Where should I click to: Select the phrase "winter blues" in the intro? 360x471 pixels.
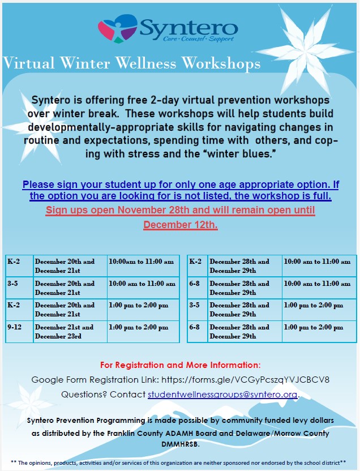tap(253, 153)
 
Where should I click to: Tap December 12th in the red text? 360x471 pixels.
tap(180, 225)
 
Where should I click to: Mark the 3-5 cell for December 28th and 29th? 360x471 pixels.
tap(197, 310)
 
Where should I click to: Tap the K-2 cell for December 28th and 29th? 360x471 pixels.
tap(197, 266)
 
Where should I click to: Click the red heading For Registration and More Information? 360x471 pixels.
tap(180, 365)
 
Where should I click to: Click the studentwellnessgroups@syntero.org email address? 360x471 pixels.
tap(222, 394)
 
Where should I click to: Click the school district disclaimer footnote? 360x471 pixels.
tap(180, 463)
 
